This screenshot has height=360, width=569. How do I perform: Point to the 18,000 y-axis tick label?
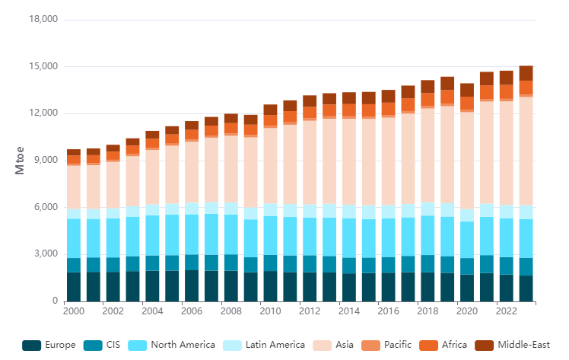coord(42,20)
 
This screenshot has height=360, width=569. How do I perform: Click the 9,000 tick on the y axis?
coord(45,161)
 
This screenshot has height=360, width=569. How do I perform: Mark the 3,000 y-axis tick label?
coord(45,254)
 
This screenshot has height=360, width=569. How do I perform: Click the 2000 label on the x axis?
coord(74,311)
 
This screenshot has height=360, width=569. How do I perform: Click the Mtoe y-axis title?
coord(21,161)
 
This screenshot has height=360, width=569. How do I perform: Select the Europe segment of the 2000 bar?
coord(74,287)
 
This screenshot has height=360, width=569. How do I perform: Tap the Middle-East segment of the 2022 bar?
coord(507,78)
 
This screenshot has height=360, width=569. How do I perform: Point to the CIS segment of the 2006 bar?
coord(192,263)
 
